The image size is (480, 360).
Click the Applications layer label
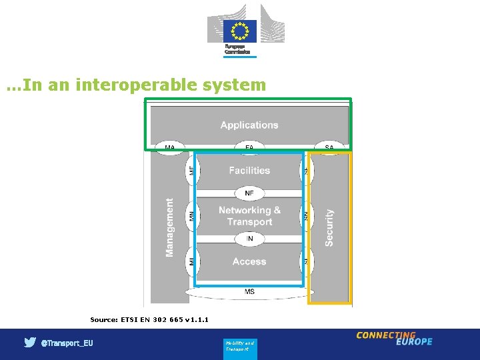249,125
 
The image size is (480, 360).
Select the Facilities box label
249,171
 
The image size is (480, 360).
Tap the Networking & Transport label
249,216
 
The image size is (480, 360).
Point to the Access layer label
249,262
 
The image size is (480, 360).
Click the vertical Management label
170,227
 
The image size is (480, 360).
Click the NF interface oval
249,193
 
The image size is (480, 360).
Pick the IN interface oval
249,238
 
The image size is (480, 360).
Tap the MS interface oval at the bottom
249,292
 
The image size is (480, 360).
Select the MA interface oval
170,147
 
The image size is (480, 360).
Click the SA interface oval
329,147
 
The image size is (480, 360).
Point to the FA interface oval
249,147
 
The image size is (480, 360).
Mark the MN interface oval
192,216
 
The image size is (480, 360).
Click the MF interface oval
192,171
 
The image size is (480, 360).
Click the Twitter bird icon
30,343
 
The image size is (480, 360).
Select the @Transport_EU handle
67,343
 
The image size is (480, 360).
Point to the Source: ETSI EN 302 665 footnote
149,320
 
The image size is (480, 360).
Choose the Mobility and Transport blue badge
240,346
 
